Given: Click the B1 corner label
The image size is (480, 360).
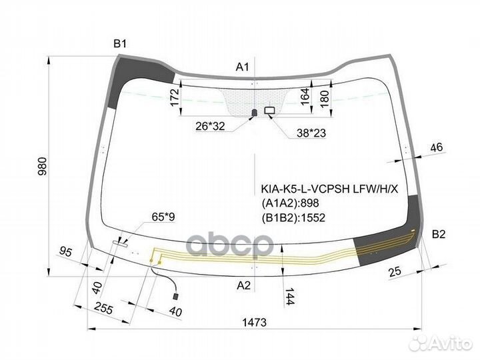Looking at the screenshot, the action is coord(120,44).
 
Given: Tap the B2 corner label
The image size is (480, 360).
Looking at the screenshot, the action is coord(439,234).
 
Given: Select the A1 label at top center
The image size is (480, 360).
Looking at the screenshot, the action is coord(243,67).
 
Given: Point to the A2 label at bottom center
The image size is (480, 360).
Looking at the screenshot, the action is coord(244,285).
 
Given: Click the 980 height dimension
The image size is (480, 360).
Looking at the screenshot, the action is coord(42,166).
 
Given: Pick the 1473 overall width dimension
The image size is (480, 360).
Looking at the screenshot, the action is coord(255,322).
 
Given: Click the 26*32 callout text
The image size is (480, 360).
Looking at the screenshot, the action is coord(210,126).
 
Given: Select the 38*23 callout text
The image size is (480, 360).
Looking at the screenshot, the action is coord(311,133).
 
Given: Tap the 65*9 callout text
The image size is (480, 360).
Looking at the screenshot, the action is coord(163,217).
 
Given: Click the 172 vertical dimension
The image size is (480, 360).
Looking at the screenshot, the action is coord(175,97).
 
